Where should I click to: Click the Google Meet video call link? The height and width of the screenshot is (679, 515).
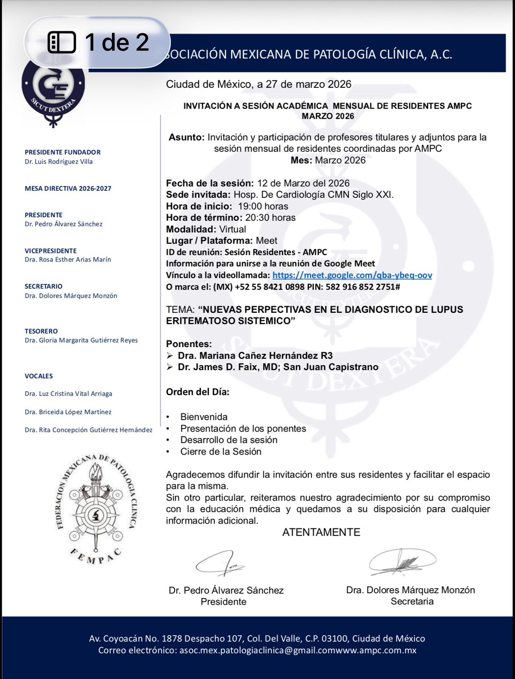[352, 275]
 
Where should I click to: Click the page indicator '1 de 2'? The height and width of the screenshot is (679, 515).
[98, 42]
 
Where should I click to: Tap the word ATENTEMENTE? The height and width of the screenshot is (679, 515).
[321, 532]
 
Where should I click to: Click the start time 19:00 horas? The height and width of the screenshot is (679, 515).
[263, 206]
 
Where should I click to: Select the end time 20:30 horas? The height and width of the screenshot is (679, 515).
[270, 218]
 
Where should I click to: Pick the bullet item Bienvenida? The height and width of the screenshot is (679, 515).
[204, 417]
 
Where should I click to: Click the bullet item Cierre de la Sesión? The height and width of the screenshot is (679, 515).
[221, 452]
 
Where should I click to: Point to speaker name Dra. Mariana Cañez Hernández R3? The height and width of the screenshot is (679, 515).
[255, 356]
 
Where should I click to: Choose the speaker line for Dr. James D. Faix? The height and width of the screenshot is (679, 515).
[278, 367]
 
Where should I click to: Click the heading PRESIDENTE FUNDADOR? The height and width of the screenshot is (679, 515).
[62, 152]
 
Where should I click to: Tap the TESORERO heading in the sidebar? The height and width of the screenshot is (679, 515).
[41, 331]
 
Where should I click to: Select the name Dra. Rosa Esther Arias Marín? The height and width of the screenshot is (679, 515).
[68, 259]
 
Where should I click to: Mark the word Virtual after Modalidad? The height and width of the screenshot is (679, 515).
[232, 229]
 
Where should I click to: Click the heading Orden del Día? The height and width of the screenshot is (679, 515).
[197, 392]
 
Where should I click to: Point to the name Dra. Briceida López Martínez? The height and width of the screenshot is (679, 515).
[68, 412]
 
